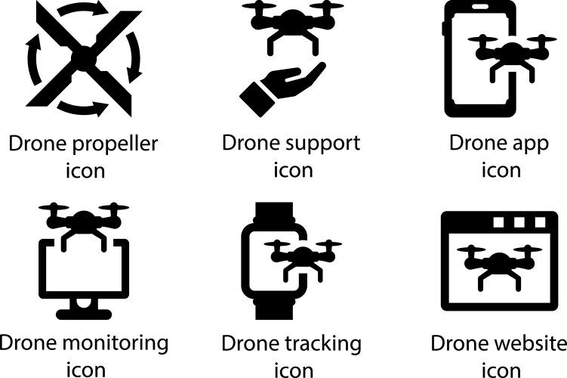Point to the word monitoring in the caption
tap(121, 344)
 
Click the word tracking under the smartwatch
tap(323, 344)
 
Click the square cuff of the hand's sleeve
tap(257, 100)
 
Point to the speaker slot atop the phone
tap(479, 6)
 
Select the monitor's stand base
tap(84, 314)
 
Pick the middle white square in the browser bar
tap(519, 222)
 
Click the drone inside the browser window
tap(499, 266)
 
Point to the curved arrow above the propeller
tap(82, 10)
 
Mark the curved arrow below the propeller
tap(83, 108)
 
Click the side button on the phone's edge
tap(443, 28)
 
